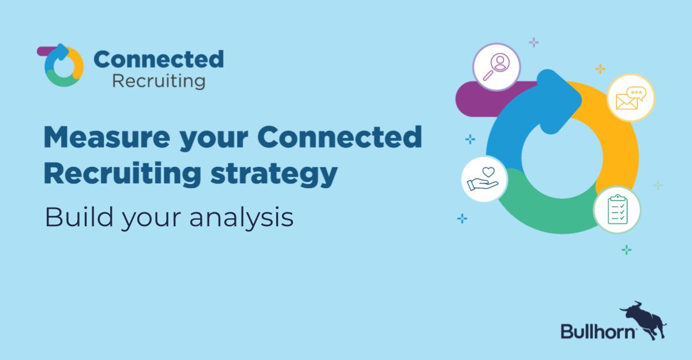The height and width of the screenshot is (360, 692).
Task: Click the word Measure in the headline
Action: tap(107, 137)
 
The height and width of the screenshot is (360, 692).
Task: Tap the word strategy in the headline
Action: tap(274, 174)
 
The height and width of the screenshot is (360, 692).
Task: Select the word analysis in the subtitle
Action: tap(241, 218)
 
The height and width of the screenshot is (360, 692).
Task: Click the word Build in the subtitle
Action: tap(79, 217)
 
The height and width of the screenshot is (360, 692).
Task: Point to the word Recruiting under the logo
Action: tap(159, 81)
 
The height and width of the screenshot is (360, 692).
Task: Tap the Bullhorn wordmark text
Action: tap(598, 331)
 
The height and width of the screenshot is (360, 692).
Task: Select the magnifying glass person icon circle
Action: tap(497, 67)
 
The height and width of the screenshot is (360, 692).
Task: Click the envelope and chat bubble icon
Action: tap(631, 97)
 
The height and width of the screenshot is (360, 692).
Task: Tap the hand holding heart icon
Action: tap(484, 179)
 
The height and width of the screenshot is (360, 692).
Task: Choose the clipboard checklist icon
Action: tap(617, 210)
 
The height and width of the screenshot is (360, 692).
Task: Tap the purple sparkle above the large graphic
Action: tap(534, 42)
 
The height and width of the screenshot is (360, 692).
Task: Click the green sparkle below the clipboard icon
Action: tap(626, 250)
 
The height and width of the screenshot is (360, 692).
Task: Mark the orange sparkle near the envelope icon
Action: tap(600, 69)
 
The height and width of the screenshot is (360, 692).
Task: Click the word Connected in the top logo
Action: tap(159, 59)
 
